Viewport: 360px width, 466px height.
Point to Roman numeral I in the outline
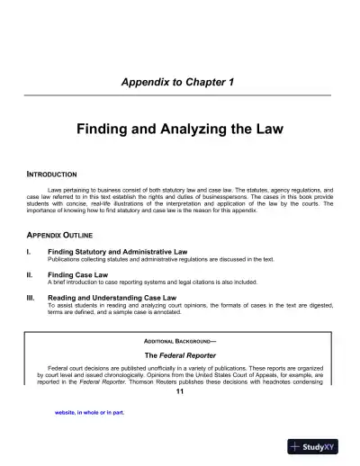point(31,252)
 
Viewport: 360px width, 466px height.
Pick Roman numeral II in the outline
point(31,273)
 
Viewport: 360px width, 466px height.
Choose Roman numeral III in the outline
point(32,296)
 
